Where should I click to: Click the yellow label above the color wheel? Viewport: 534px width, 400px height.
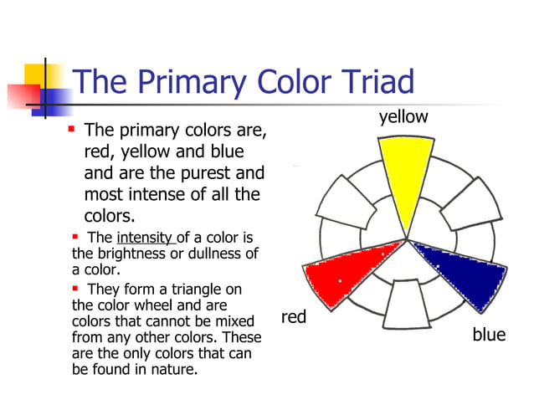coord(403,117)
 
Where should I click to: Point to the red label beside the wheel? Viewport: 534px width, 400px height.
coord(294,317)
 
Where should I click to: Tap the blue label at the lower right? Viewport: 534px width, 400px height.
coord(489,335)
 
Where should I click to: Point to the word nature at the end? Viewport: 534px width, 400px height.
coord(174,369)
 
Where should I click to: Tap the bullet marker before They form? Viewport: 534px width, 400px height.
coord(76,289)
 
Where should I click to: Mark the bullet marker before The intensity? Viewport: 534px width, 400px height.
coord(76,237)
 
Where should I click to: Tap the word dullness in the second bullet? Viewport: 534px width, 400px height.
coord(213,254)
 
